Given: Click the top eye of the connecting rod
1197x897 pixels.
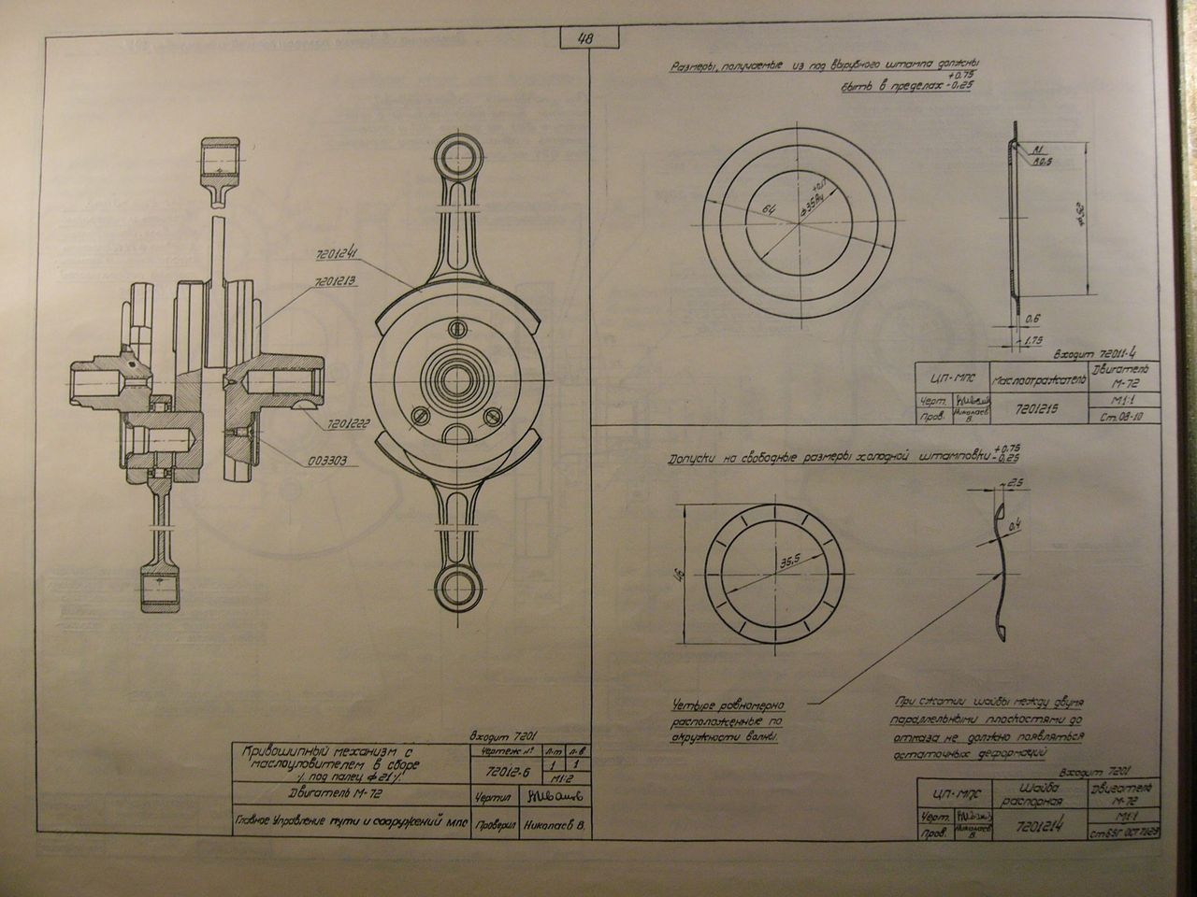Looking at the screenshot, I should click(457, 155).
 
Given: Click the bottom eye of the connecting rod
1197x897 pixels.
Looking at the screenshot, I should click(457, 589).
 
